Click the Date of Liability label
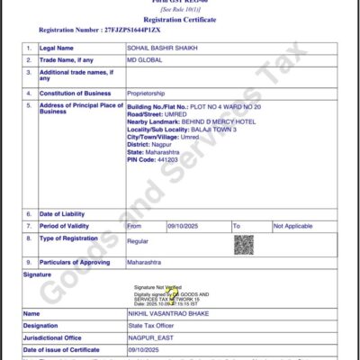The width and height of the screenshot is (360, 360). coord(65,214)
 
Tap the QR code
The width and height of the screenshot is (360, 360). coord(244,243)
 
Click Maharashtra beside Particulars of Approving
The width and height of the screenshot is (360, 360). coord(148,262)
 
